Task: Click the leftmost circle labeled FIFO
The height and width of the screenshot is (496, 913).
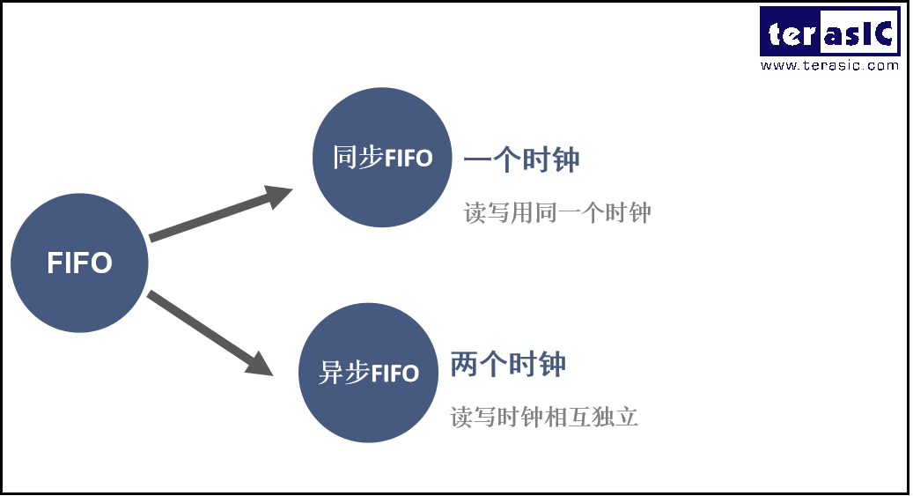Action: [x=79, y=263]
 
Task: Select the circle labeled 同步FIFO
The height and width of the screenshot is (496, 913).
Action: [x=382, y=158]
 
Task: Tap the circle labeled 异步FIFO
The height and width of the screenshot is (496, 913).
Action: [x=368, y=373]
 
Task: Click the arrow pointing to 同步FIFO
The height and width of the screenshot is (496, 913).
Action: [x=220, y=214]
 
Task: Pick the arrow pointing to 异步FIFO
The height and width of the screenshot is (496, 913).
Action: [x=209, y=332]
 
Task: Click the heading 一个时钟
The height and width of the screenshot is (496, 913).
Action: [x=521, y=160]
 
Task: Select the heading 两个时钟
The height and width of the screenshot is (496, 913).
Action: [x=508, y=365]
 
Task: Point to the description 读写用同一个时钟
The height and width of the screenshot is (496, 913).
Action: [x=557, y=212]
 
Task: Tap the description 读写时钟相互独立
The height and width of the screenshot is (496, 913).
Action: [x=544, y=417]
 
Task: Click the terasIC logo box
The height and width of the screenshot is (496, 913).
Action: [x=829, y=33]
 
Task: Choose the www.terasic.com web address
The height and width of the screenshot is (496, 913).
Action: [x=829, y=65]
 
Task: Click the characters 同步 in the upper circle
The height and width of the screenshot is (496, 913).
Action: [x=357, y=158]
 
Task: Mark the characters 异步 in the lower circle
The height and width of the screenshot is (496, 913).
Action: [x=343, y=373]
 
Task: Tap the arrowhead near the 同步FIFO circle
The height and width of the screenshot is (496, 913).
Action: [x=281, y=196]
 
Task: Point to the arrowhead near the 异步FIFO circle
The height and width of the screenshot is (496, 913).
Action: [x=261, y=364]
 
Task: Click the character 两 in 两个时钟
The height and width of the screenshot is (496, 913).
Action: [x=464, y=365]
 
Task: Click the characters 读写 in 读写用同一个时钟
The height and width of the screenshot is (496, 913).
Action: [x=487, y=212]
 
